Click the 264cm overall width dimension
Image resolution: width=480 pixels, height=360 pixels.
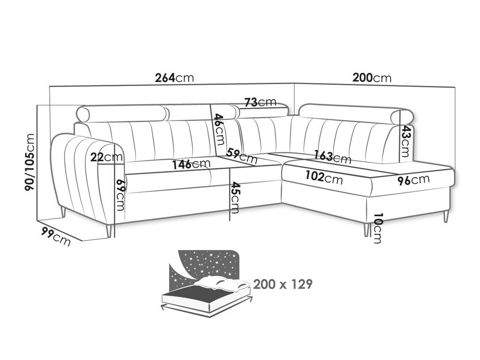click(174, 78)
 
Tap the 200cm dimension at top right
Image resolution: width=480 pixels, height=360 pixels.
click(371, 78)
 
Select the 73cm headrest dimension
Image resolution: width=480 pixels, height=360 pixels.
click(260, 102)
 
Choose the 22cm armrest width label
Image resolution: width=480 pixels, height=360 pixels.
click(106, 158)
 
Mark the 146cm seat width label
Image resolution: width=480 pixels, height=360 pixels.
click(191, 164)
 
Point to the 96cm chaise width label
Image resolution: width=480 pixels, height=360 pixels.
click(413, 179)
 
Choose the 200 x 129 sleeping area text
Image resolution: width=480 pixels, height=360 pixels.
click(283, 284)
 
